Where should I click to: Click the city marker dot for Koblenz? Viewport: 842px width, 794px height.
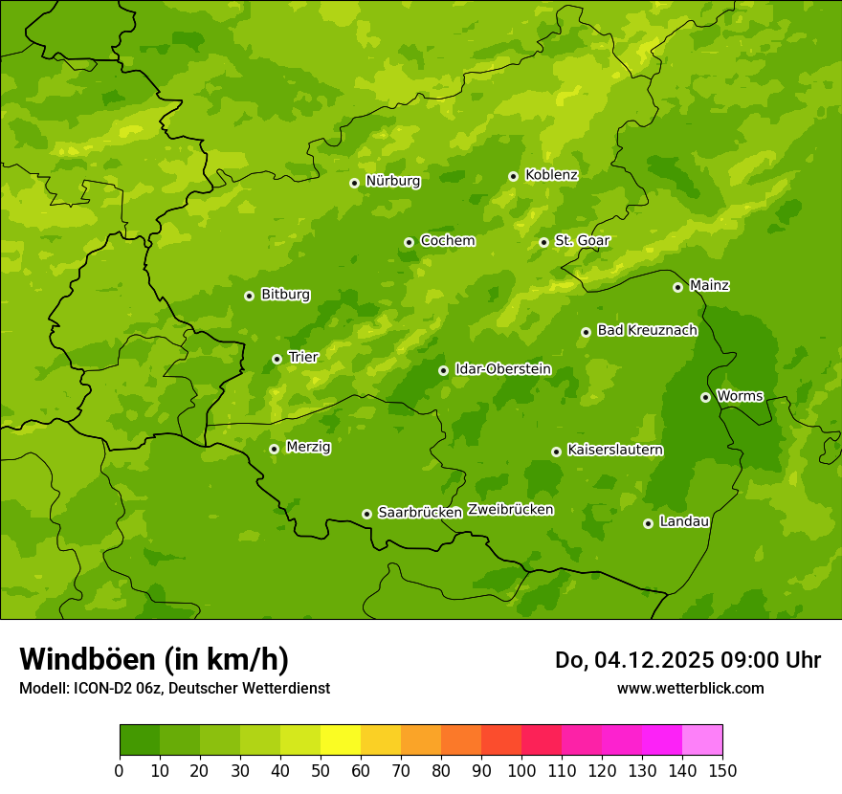click(514, 176)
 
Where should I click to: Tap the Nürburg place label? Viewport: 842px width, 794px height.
click(393, 181)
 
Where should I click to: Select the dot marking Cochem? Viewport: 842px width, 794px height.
click(410, 242)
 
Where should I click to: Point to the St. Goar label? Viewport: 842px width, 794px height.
click(582, 240)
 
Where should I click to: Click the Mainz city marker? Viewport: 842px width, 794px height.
click(678, 287)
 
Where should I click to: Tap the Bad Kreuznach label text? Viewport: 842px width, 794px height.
click(647, 330)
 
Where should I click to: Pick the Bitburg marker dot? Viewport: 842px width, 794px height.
click(250, 296)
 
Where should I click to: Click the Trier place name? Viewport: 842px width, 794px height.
click(303, 357)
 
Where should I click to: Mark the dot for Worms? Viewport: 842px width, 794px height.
click(706, 397)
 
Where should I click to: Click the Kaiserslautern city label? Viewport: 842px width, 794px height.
click(615, 450)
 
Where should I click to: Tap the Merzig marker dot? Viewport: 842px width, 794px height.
click(275, 449)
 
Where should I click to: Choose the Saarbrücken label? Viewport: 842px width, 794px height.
click(420, 512)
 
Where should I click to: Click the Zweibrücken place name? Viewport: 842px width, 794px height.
click(511, 510)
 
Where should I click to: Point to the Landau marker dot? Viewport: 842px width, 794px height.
click(649, 523)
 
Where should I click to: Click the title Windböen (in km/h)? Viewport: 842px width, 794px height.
click(154, 659)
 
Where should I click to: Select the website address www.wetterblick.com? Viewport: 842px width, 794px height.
click(690, 688)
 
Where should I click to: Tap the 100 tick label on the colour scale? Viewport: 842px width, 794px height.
click(521, 770)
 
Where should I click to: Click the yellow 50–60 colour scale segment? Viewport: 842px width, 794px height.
click(341, 740)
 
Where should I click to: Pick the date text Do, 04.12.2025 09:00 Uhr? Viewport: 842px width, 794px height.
click(688, 660)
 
